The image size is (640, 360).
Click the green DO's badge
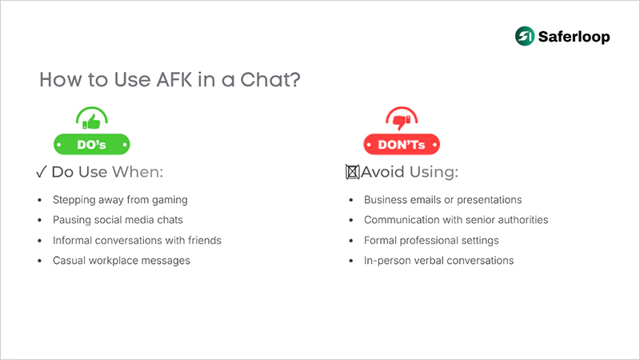coord(92,144)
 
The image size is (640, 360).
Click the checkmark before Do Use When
coord(42,172)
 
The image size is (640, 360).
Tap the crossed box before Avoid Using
coord(350,172)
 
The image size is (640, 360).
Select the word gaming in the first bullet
coord(169,199)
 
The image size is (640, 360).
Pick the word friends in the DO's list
coord(203,240)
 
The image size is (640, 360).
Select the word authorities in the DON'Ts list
coord(520,220)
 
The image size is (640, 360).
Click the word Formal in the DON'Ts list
coord(381,240)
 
